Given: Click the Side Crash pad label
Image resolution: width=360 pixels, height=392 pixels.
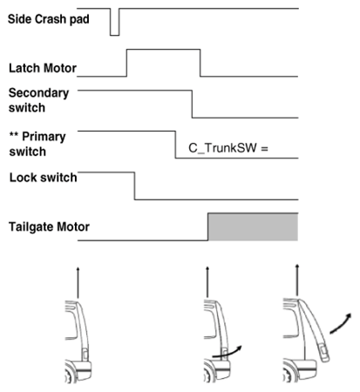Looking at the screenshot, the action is click(x=48, y=19).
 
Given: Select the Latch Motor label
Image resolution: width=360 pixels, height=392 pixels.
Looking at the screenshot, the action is click(x=43, y=68).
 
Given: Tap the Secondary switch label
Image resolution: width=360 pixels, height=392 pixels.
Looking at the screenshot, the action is click(x=38, y=100).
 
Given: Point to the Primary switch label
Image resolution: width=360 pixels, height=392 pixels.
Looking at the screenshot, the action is click(x=37, y=144).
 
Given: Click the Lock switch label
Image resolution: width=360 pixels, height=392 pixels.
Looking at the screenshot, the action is click(x=43, y=178).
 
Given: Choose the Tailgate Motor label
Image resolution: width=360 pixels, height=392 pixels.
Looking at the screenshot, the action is click(x=49, y=226).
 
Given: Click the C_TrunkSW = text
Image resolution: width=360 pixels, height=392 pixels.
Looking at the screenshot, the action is click(x=228, y=148).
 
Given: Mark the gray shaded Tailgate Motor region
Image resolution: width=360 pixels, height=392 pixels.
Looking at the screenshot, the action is click(x=253, y=227).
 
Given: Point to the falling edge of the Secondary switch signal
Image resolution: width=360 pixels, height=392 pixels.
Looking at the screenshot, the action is click(x=192, y=104).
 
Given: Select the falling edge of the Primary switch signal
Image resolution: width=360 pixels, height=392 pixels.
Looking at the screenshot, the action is click(x=175, y=145).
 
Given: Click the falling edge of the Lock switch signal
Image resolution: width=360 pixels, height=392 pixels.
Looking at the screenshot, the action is click(x=134, y=186).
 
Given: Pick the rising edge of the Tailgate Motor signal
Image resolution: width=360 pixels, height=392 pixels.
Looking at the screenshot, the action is click(x=208, y=226).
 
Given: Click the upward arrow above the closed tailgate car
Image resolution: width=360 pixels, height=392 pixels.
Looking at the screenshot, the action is click(x=78, y=282).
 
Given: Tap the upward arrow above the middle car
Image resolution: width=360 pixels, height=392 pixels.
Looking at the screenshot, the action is click(x=207, y=281).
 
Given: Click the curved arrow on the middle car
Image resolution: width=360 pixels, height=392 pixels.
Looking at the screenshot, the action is click(x=228, y=352).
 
